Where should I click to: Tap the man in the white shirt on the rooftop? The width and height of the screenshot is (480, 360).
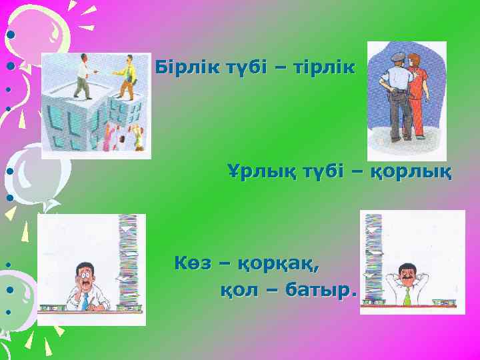pyautogui.click(x=82, y=74)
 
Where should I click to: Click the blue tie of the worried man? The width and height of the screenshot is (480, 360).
pyautogui.click(x=85, y=301)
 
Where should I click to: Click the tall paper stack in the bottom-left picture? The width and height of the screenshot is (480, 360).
pyautogui.click(x=128, y=260)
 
